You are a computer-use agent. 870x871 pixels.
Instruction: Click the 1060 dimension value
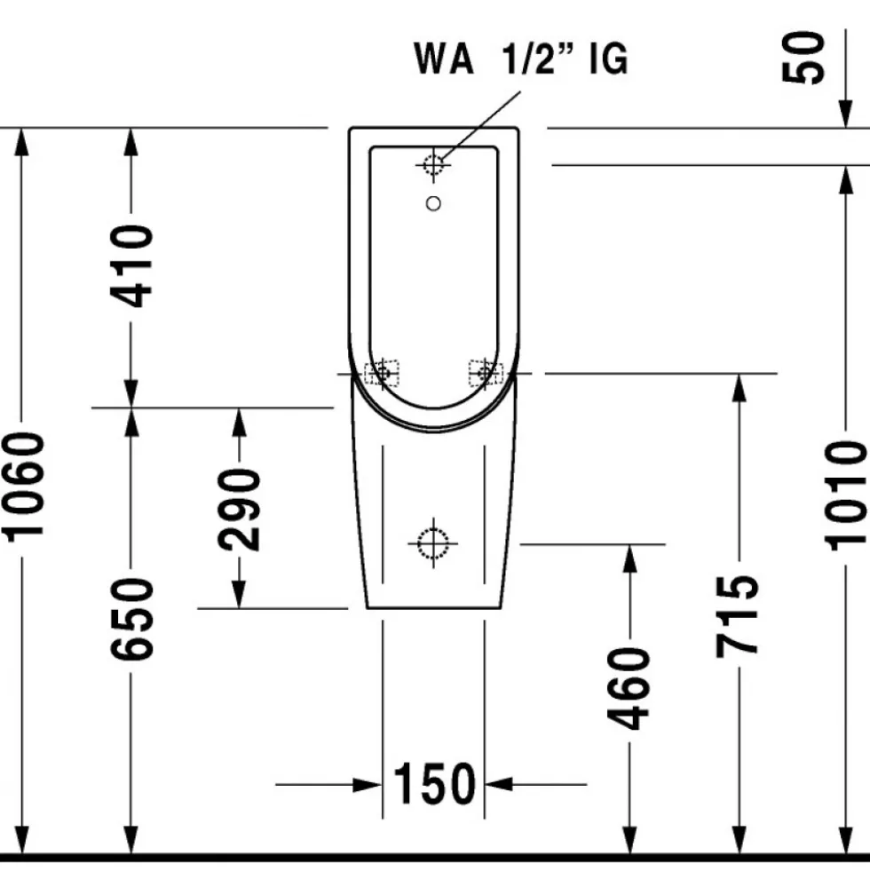(24, 486)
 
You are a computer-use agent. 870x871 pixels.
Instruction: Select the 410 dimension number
(131, 266)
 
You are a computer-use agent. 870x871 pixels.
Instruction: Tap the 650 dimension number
(131, 619)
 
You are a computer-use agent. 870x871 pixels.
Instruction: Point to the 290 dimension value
(239, 510)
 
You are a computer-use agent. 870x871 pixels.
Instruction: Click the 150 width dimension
(434, 784)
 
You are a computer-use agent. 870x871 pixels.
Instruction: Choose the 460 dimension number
(629, 688)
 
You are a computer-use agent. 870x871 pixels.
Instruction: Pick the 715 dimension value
(737, 616)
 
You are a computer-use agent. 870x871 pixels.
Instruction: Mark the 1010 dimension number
(845, 495)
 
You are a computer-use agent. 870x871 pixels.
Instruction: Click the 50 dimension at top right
(803, 58)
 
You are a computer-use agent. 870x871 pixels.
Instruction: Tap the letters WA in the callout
(444, 58)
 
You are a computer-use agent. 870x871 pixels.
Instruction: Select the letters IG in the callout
(609, 58)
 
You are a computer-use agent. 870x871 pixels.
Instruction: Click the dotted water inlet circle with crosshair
(433, 165)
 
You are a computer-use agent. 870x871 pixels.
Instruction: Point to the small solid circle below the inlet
(433, 204)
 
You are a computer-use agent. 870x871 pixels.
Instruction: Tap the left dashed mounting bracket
(382, 373)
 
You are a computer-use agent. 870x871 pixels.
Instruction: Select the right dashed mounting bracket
(486, 373)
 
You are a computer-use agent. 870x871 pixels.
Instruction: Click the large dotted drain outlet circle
(432, 543)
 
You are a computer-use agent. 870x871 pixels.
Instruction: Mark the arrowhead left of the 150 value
(368, 784)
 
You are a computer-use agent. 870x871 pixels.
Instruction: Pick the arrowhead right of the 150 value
(499, 784)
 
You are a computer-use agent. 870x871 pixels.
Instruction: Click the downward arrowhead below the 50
(845, 114)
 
